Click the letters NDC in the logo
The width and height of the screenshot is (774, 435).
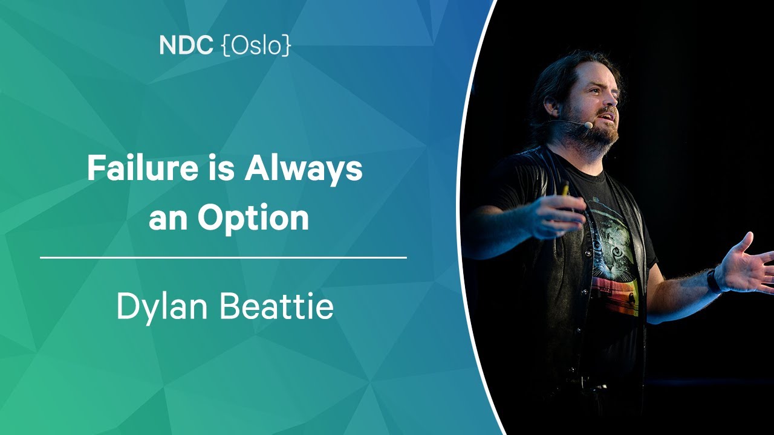point(186,45)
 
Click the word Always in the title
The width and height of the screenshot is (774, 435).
point(304,170)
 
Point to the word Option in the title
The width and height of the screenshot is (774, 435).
point(253,218)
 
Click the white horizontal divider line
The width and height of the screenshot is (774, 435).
point(223,257)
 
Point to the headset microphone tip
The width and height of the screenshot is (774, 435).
point(588,125)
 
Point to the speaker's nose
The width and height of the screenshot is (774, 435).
point(611,99)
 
